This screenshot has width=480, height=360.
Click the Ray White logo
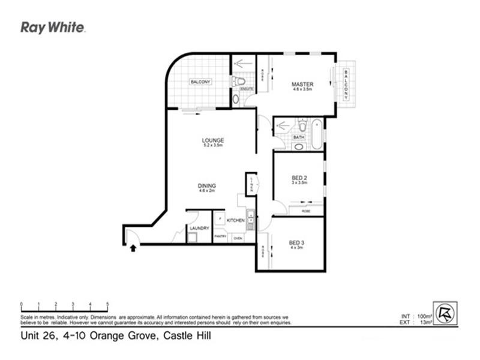53,27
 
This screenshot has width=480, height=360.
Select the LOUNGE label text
212,140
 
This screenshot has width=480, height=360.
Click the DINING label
208,185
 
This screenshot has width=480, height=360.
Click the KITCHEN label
235,221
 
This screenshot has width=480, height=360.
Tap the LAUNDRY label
199,228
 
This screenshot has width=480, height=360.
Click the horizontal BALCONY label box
200,82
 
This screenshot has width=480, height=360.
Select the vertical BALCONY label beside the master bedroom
346,85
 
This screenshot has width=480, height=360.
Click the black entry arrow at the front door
131,247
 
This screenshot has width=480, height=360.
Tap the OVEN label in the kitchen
238,238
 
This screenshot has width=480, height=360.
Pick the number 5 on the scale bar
107,304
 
